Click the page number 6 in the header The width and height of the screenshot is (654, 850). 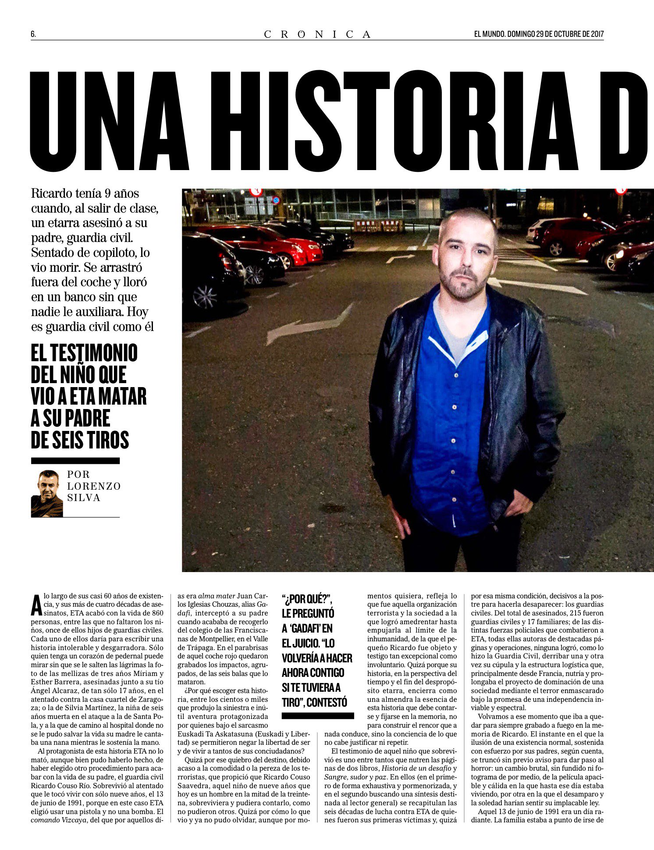[x=33, y=34]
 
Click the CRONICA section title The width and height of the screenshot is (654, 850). [x=317, y=34]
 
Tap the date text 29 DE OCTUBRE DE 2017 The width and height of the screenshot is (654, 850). [x=570, y=34]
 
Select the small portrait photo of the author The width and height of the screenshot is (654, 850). [x=47, y=494]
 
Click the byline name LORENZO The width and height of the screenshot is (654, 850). [x=94, y=486]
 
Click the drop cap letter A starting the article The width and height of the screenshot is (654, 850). [x=37, y=605]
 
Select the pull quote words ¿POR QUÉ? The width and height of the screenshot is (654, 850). [x=307, y=599]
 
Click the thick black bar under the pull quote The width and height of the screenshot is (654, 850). [x=317, y=716]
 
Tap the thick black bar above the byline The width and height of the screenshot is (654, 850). [x=75, y=461]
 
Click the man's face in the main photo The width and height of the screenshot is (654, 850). [x=466, y=254]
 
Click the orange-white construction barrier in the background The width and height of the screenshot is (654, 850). [x=379, y=225]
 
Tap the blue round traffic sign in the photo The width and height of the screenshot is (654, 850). [x=276, y=200]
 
